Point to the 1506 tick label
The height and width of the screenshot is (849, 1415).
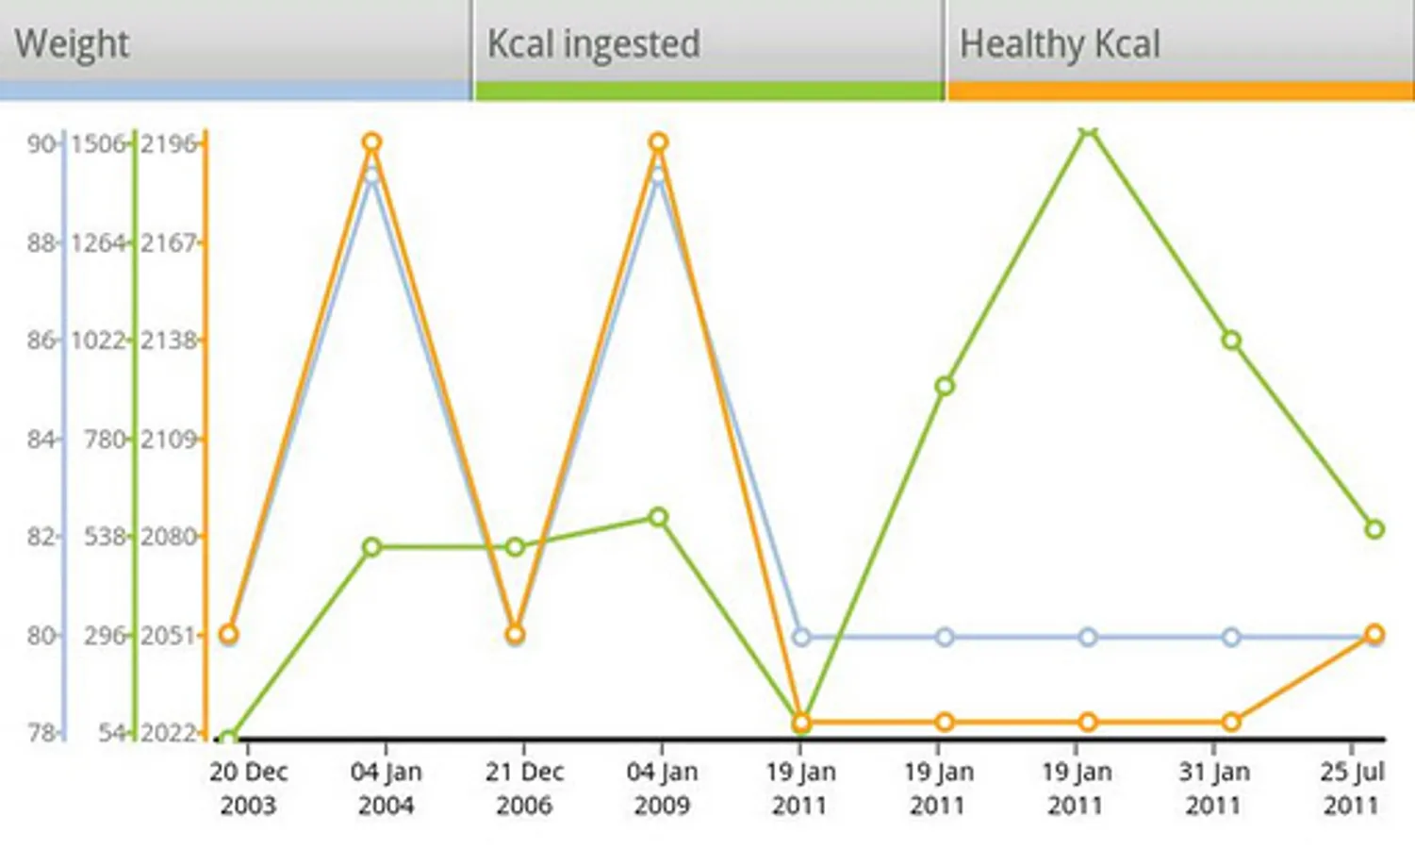[x=98, y=143]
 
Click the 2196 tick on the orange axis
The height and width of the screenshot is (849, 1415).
[x=170, y=143]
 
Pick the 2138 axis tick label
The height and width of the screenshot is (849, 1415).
[x=170, y=340]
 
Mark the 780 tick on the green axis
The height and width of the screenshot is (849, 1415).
[x=104, y=439]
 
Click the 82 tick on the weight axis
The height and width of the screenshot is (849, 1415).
[x=41, y=537]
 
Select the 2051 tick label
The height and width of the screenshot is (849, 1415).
[x=170, y=635]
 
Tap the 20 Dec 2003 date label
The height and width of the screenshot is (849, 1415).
[x=248, y=789]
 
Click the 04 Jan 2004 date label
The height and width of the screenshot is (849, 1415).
[x=386, y=789]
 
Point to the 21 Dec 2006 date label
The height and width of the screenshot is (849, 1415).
[x=524, y=789]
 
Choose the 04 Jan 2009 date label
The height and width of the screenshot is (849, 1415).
[x=662, y=789]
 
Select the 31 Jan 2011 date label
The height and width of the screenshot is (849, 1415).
[x=1213, y=789]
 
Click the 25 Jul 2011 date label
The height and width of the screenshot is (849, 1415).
[x=1351, y=789]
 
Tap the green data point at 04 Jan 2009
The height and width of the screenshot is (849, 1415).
[x=659, y=517]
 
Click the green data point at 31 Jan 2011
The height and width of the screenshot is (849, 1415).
[x=1231, y=341]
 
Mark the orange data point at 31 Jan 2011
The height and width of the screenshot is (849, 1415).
[x=1231, y=723]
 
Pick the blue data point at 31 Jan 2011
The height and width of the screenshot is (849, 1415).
[x=1231, y=638]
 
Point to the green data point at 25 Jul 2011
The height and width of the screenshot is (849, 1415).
[x=1374, y=529]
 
